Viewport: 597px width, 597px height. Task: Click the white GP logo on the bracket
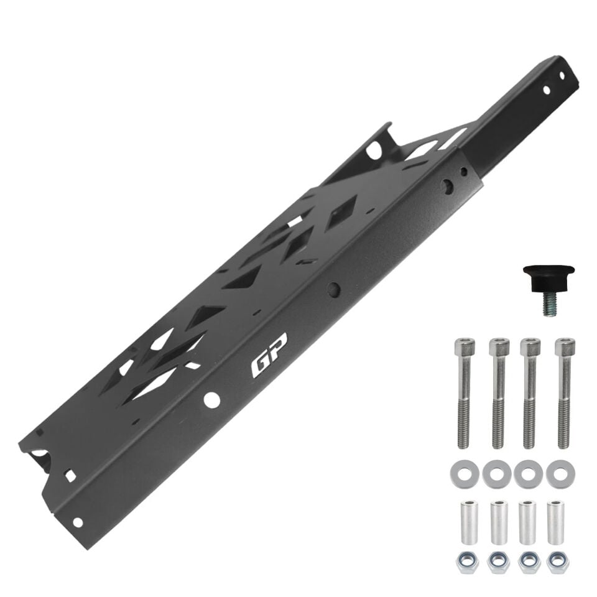(269, 356)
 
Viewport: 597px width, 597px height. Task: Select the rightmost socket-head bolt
(564, 392)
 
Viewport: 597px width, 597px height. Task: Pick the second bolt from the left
(499, 392)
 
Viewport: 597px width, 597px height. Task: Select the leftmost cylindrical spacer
(468, 522)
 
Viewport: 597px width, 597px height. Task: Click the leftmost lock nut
(467, 561)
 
